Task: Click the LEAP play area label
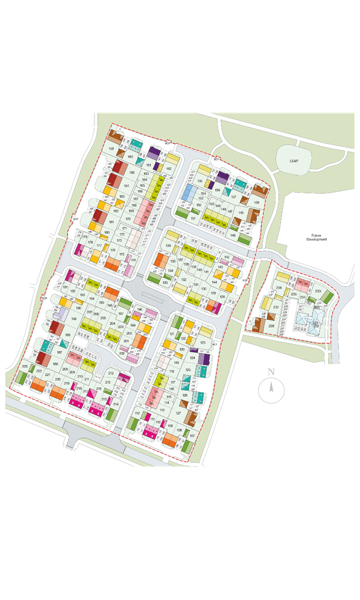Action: (x=294, y=161)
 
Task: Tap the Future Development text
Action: (x=315, y=237)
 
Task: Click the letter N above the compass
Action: (x=271, y=371)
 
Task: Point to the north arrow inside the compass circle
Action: (x=271, y=387)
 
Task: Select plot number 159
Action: (x=111, y=149)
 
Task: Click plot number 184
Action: (x=125, y=185)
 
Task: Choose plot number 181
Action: (x=110, y=222)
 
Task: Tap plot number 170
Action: (x=127, y=219)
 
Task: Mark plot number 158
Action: (x=256, y=203)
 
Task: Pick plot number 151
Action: (x=193, y=219)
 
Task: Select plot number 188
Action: (x=67, y=335)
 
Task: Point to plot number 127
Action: (x=178, y=413)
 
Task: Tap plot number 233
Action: (x=317, y=291)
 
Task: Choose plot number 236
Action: (x=279, y=288)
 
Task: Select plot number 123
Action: (x=202, y=343)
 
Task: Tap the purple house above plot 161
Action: (x=154, y=152)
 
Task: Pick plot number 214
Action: (x=116, y=404)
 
